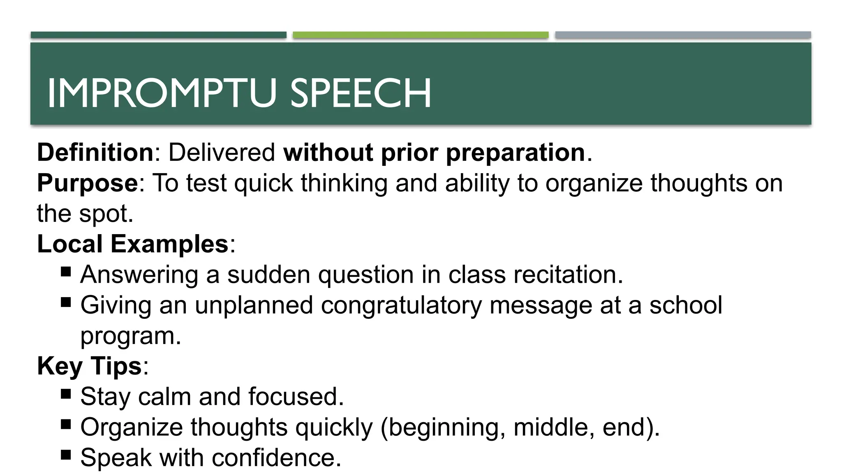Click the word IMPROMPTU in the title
coord(161,94)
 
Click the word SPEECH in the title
coord(361,94)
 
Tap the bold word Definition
coord(95,153)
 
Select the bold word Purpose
coord(88,183)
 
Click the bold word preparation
coord(515,153)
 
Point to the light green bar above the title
coord(421,35)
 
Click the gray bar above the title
coord(683,35)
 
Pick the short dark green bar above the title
coord(158,35)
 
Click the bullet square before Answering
coord(66,272)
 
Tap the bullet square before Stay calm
coord(66,394)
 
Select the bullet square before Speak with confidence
coord(66,455)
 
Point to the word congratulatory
coord(401,305)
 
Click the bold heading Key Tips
coord(89,366)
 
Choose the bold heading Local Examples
coord(132,244)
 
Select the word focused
coord(296,397)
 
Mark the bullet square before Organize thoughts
coord(66,424)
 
